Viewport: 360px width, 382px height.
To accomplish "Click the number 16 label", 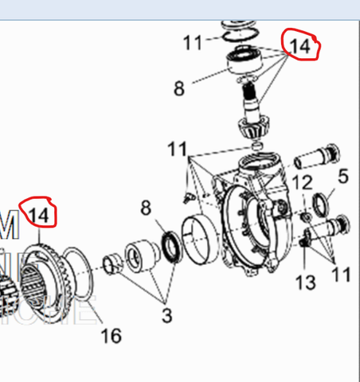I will [x=112, y=335].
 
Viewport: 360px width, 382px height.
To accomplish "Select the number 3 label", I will [x=166, y=315].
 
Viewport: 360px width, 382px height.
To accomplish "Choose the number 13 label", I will [x=306, y=282].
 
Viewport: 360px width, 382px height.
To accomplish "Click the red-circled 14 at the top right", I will [x=299, y=46].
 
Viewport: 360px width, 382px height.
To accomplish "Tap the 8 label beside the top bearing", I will [x=179, y=87].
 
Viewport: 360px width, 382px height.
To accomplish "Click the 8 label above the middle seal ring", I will [x=145, y=209].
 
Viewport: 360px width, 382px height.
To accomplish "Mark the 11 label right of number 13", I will [x=342, y=275].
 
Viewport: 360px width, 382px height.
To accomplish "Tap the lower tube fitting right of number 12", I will [x=331, y=227].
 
